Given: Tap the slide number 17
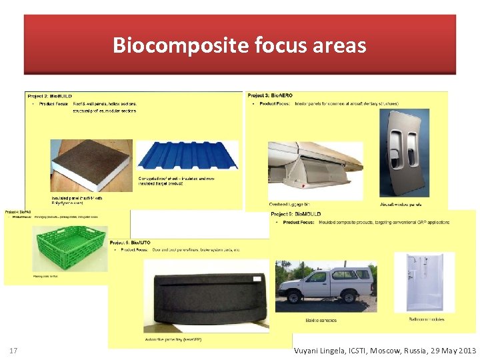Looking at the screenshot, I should coord(13,351).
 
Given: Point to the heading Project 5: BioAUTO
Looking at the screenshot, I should coord(131,242).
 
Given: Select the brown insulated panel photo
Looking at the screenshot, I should coord(91,165).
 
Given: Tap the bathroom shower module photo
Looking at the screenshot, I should coord(424,281).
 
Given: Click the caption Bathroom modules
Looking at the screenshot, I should coord(427,320).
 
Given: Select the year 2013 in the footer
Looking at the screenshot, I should coord(465,351).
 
